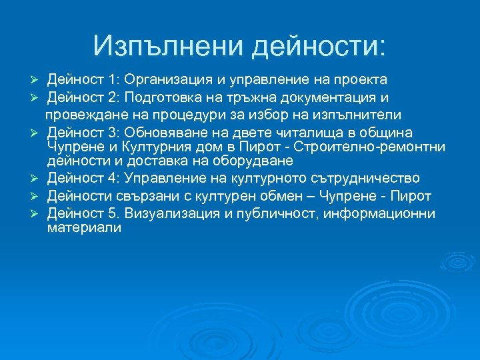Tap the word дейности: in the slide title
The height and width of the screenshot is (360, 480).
tap(318, 45)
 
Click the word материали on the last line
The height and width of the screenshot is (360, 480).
tap(84, 227)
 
